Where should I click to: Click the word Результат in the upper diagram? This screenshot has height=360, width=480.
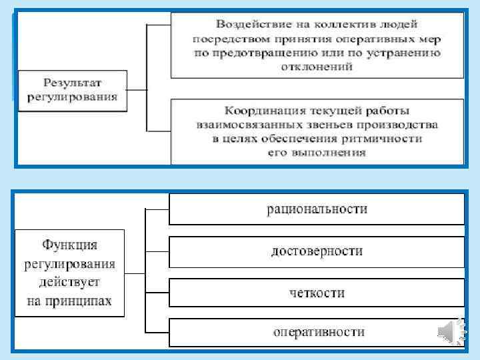coord(71,83)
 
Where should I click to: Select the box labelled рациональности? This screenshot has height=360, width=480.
coord(317,209)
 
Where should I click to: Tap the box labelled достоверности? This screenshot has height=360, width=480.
coord(317,251)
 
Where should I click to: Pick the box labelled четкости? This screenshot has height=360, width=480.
coord(317,293)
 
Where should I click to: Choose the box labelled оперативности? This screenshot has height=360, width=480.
coord(317,331)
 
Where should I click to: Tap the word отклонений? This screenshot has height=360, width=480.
coord(317,67)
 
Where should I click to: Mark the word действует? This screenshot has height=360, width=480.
coord(69,283)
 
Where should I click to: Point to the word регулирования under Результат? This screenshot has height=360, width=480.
coord(71,97)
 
